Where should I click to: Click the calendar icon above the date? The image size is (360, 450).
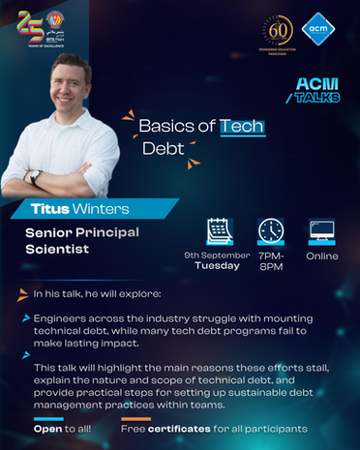(221, 231)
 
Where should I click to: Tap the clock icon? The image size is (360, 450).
(271, 231)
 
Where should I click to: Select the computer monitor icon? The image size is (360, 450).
(321, 231)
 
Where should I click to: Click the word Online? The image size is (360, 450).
(322, 256)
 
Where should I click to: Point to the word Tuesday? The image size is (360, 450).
(218, 265)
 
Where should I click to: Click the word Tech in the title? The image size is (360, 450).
(242, 127)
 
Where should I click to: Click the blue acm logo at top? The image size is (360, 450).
(316, 32)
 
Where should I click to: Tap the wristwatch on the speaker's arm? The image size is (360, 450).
(37, 178)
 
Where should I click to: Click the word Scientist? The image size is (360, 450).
(58, 249)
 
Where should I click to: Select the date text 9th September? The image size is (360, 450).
(218, 255)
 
